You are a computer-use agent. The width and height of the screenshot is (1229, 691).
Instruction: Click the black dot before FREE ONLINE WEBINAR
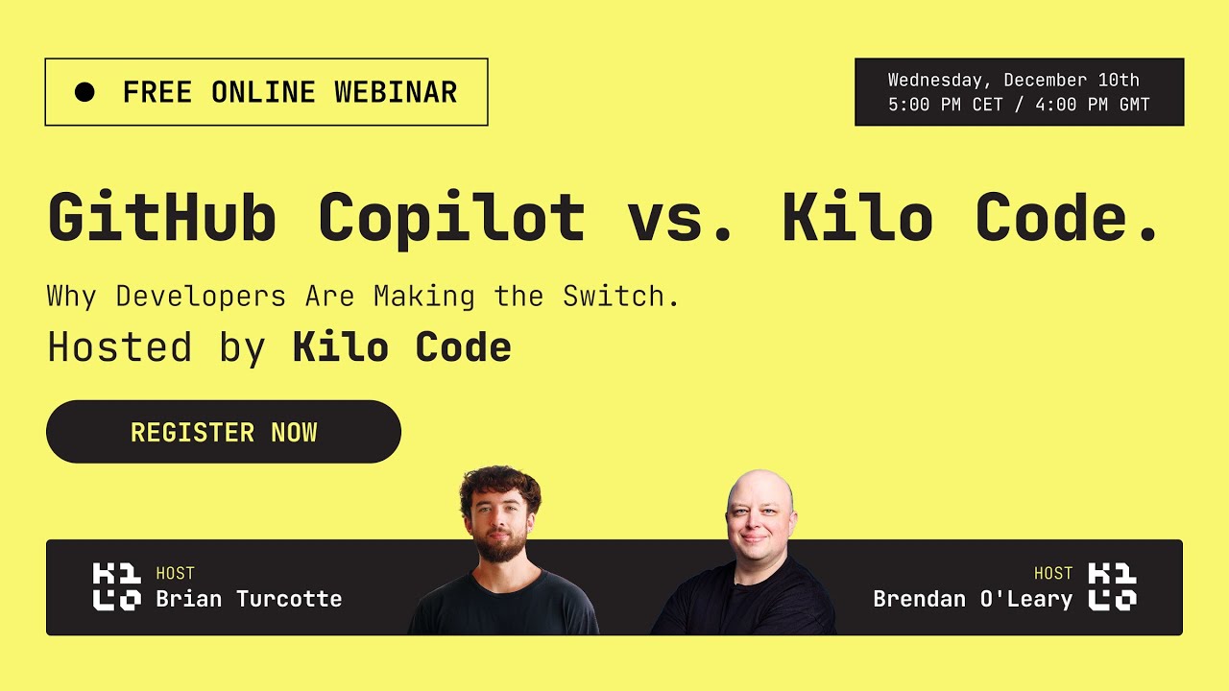point(84,92)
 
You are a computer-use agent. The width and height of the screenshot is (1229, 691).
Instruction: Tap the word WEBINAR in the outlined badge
point(396,92)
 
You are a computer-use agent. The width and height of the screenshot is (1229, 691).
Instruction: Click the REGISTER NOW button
point(224,432)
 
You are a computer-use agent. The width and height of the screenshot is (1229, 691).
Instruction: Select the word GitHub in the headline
point(162,218)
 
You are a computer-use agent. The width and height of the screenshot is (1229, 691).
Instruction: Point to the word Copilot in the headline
point(451,218)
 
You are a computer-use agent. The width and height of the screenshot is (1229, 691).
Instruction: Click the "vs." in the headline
point(683,218)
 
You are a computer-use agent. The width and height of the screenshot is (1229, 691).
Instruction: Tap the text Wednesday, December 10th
point(1013,80)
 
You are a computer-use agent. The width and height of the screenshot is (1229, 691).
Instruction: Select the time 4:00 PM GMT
point(1093,105)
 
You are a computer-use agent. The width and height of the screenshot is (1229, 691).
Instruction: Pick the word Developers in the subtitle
point(201,296)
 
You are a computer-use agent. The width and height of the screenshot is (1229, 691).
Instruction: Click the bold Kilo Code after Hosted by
point(401,347)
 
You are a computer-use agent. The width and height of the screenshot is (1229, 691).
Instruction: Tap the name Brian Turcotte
point(249,599)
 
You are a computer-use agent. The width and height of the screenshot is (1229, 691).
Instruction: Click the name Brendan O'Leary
point(972,599)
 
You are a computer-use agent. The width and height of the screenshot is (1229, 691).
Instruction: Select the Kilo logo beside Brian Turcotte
point(117,587)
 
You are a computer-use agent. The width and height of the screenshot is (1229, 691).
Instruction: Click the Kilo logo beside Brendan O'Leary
point(1112,587)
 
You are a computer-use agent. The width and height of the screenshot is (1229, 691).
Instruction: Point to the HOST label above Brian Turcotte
point(175,574)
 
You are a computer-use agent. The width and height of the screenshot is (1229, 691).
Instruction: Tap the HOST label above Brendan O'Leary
point(1052,574)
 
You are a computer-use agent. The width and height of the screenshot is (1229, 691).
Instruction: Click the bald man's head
point(759,494)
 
